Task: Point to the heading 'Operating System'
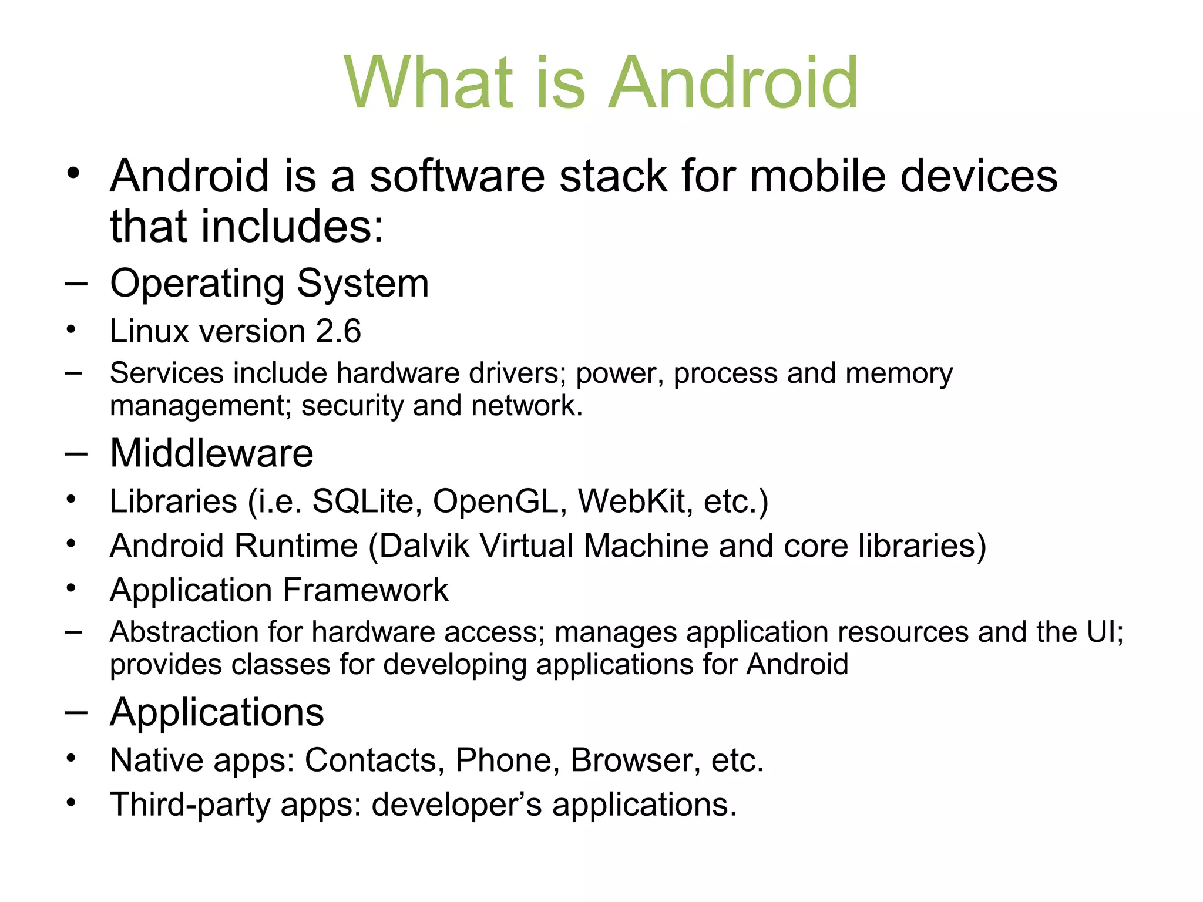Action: (x=270, y=284)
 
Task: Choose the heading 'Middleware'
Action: (x=211, y=453)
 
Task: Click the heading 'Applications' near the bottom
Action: (x=217, y=712)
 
